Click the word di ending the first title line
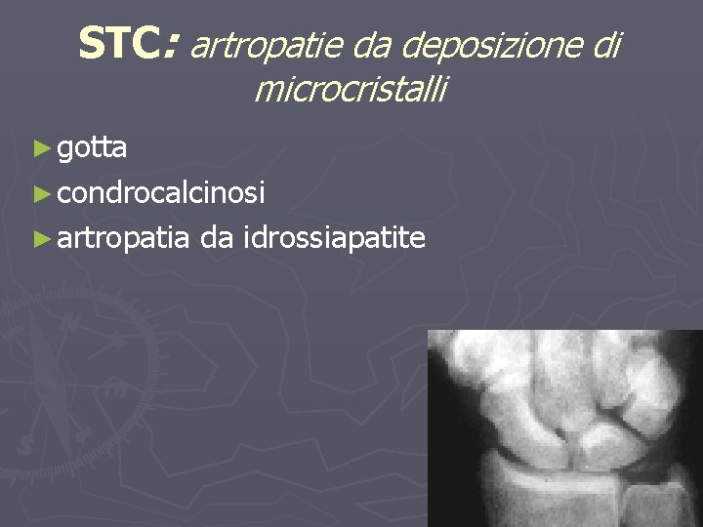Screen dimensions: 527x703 click(x=605, y=44)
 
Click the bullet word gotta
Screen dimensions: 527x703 click(x=92, y=148)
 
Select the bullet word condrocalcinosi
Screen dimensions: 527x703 click(x=161, y=193)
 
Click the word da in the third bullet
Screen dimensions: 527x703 click(x=217, y=237)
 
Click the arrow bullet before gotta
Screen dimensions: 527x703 click(x=40, y=149)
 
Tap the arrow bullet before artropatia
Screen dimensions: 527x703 click(x=40, y=238)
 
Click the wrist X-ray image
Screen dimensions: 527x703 click(x=565, y=428)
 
